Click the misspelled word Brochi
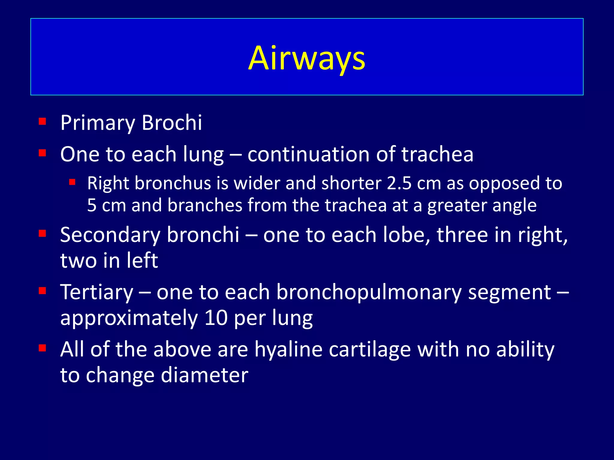point(171,123)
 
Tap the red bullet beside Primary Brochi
point(42,121)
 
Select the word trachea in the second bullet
point(437,155)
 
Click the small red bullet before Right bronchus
point(72,182)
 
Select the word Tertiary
point(97,292)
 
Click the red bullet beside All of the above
point(42,348)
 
